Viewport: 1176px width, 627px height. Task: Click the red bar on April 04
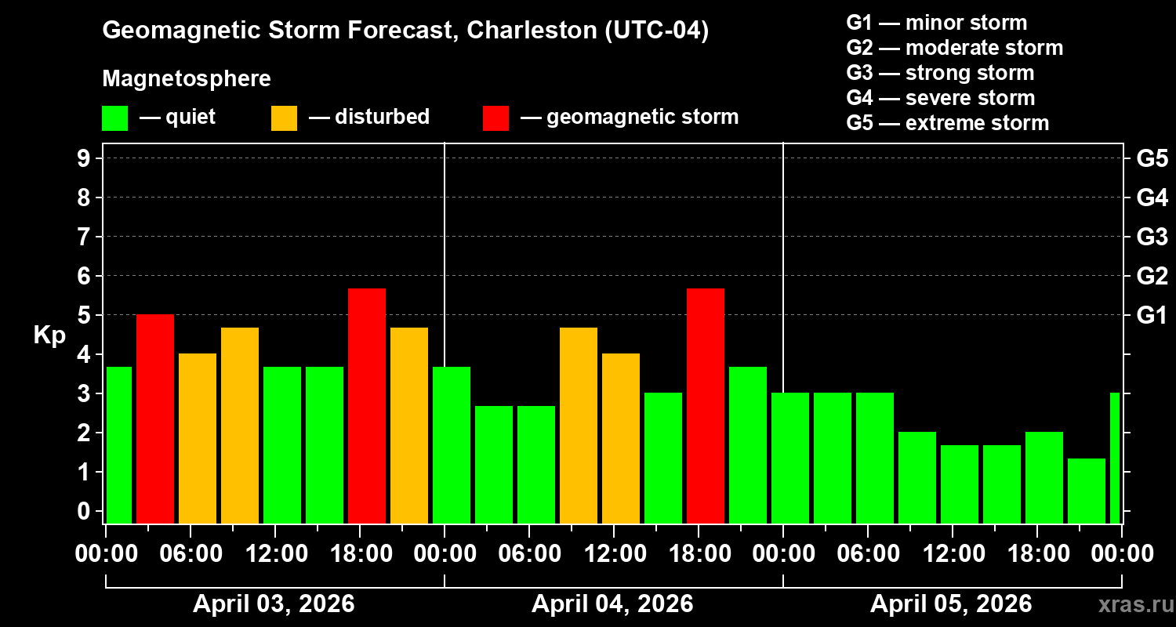(706, 406)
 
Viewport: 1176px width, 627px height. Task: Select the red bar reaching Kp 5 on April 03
(155, 419)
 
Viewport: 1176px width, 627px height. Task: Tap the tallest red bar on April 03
(367, 406)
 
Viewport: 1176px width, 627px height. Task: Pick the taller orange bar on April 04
(579, 426)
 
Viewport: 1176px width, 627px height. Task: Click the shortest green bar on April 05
(1087, 491)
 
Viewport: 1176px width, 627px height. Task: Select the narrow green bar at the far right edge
(1115, 458)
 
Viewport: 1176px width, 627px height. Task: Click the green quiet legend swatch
(114, 118)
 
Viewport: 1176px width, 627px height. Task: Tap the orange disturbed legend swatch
(284, 118)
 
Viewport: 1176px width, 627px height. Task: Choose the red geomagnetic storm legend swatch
(495, 118)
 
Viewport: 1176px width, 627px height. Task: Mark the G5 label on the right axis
(1152, 158)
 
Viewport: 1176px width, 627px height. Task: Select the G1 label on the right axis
(1152, 316)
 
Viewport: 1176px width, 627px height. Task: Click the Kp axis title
(49, 335)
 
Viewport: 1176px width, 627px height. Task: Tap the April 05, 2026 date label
(951, 604)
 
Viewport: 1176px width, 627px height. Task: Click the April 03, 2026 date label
(274, 604)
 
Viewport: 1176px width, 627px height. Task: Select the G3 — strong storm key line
(940, 73)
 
